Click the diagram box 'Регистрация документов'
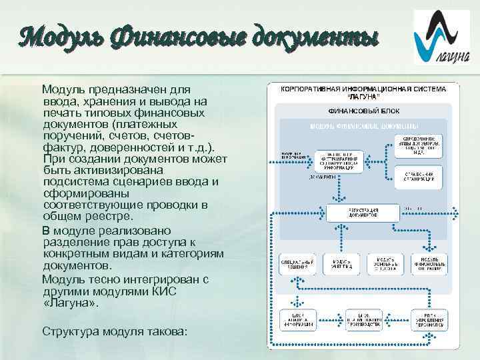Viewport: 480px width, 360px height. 363,213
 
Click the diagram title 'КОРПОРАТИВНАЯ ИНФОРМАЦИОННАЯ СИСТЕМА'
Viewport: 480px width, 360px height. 363,89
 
